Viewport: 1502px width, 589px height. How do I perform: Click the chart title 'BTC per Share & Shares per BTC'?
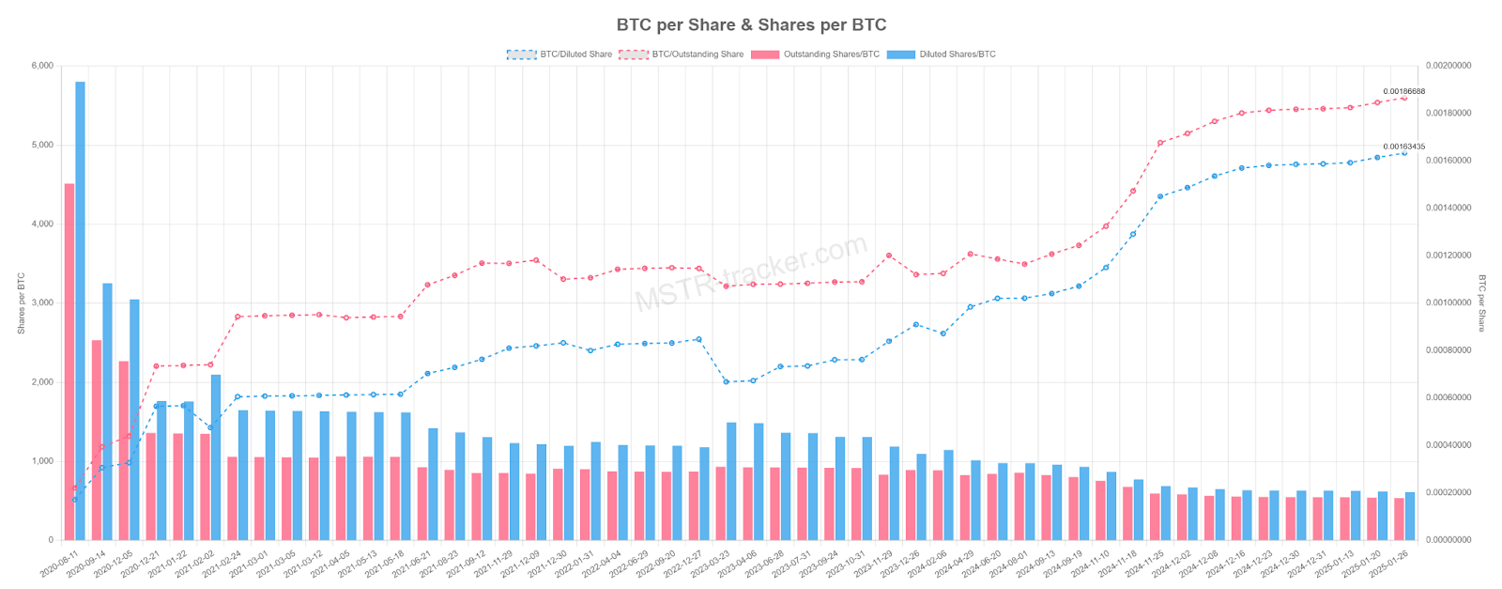pyautogui.click(x=751, y=25)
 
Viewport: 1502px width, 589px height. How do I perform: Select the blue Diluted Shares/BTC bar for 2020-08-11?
pyautogui.click(x=81, y=310)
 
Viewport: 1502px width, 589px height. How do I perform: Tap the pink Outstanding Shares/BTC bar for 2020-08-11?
pyautogui.click(x=69, y=362)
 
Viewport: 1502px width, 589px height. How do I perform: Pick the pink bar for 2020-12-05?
pyautogui.click(x=124, y=451)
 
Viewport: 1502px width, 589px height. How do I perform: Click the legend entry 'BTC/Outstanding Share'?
pyautogui.click(x=682, y=54)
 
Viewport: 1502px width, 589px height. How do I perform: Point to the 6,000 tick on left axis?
pyautogui.click(x=43, y=66)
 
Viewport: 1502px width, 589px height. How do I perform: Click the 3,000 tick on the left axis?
pyautogui.click(x=43, y=303)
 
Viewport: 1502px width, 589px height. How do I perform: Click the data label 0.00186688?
pyautogui.click(x=1403, y=91)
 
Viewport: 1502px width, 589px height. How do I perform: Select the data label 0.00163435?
pyautogui.click(x=1403, y=147)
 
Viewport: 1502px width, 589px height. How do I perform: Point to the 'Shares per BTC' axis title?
pyautogui.click(x=21, y=303)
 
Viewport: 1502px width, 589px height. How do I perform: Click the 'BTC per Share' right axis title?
pyautogui.click(x=1482, y=303)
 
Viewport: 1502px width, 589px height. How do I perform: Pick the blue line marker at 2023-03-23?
pyautogui.click(x=726, y=381)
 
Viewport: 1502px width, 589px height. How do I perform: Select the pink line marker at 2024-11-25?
pyautogui.click(x=1160, y=143)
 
